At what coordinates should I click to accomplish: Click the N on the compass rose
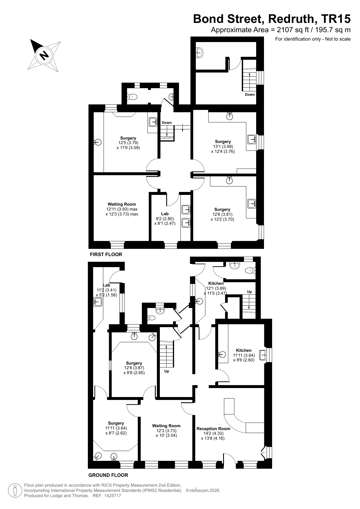pos(44,55)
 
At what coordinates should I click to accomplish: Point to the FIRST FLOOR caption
pos(106,255)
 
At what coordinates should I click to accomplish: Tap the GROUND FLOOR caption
pos(108,475)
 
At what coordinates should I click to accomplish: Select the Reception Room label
pos(213,429)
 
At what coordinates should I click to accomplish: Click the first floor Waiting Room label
pos(122,204)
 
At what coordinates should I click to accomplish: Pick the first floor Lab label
pos(165,214)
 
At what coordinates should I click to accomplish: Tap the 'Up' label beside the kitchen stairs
pos(249,292)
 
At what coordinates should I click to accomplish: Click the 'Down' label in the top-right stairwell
pos(250,95)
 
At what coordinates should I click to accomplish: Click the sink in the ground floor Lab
pos(97,302)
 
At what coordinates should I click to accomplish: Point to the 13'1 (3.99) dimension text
pos(223,146)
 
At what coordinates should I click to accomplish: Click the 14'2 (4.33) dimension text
pos(214,434)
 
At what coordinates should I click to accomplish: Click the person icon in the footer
pos(15,490)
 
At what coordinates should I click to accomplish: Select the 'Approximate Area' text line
pos(281,30)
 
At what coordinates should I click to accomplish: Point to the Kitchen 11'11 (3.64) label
pos(244,355)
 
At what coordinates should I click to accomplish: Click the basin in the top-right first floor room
pos(199,52)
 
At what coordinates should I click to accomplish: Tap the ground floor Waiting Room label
pos(166,426)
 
